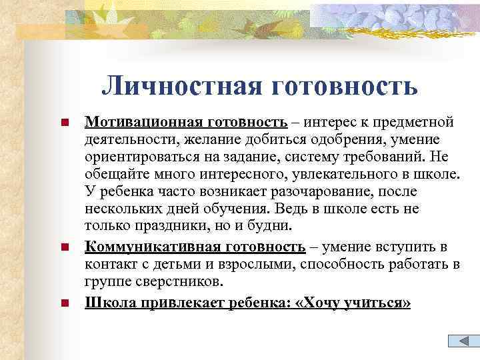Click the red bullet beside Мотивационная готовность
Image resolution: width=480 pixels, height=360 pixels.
pyautogui.click(x=65, y=123)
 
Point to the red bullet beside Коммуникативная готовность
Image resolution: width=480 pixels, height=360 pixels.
pyautogui.click(x=65, y=248)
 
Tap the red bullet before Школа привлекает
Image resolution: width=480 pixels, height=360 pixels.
pyautogui.click(x=65, y=304)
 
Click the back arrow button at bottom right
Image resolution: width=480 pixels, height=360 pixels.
pyautogui.click(x=460, y=341)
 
